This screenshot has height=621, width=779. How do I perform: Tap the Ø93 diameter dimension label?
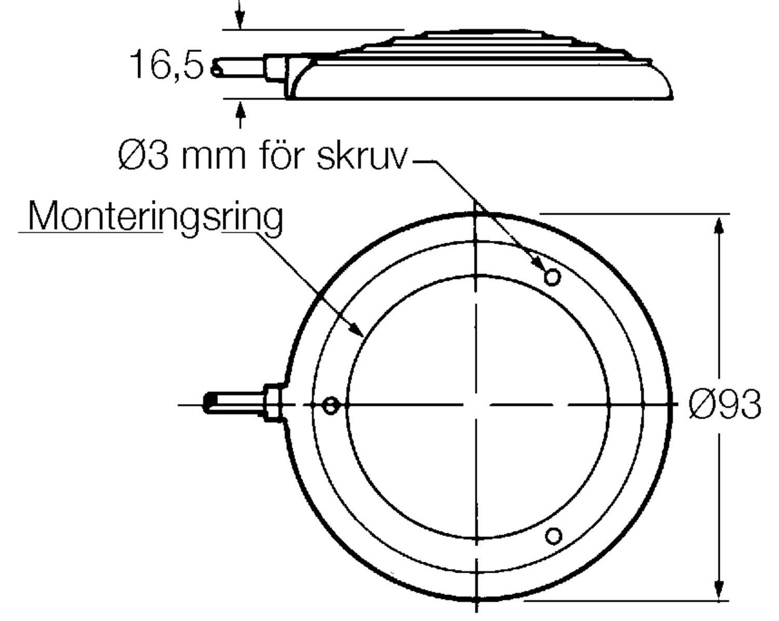(x=725, y=404)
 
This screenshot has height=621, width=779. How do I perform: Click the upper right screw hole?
(x=552, y=277)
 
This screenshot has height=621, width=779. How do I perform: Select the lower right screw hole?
(x=554, y=535)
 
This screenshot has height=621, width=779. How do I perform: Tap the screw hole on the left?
(x=331, y=405)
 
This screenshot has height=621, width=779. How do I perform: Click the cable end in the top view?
(x=209, y=403)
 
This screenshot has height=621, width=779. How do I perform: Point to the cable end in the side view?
(x=216, y=68)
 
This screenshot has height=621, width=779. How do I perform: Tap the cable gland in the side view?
(x=275, y=68)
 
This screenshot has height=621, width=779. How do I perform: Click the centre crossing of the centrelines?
(x=476, y=404)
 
